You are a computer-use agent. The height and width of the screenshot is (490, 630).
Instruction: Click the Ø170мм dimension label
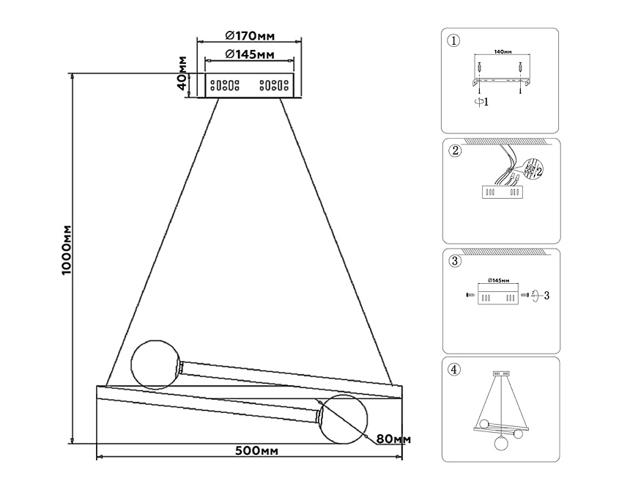(x=250, y=34)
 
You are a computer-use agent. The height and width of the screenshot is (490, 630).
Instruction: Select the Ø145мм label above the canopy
(x=250, y=54)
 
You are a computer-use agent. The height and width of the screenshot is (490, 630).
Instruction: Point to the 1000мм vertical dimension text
(x=65, y=250)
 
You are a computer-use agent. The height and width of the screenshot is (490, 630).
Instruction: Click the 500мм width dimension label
(x=250, y=450)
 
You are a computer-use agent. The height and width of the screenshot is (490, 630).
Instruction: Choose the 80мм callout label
(x=393, y=439)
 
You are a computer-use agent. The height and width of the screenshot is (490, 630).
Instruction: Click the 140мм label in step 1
(x=501, y=53)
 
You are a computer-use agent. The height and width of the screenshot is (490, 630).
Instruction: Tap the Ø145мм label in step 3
(x=498, y=281)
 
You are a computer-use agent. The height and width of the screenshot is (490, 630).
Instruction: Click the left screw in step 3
(x=469, y=295)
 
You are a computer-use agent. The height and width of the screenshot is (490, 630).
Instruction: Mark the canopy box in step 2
(x=501, y=192)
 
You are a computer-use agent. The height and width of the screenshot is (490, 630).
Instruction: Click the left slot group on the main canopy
(x=226, y=85)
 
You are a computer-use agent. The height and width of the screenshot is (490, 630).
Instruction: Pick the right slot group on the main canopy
(x=274, y=85)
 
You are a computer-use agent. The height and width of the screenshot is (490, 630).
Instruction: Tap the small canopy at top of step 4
(x=501, y=373)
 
